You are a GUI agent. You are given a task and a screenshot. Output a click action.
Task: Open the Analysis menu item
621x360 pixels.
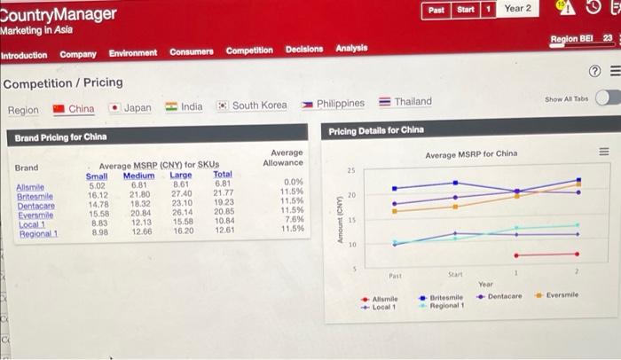(x=351, y=48)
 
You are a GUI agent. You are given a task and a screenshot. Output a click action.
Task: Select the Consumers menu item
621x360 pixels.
(x=193, y=51)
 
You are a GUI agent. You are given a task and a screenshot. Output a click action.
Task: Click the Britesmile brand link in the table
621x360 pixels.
(x=35, y=194)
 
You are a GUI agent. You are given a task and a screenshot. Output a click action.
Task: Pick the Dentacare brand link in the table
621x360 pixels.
(x=35, y=205)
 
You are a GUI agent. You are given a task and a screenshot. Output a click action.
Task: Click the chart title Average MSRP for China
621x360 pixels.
(x=470, y=154)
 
